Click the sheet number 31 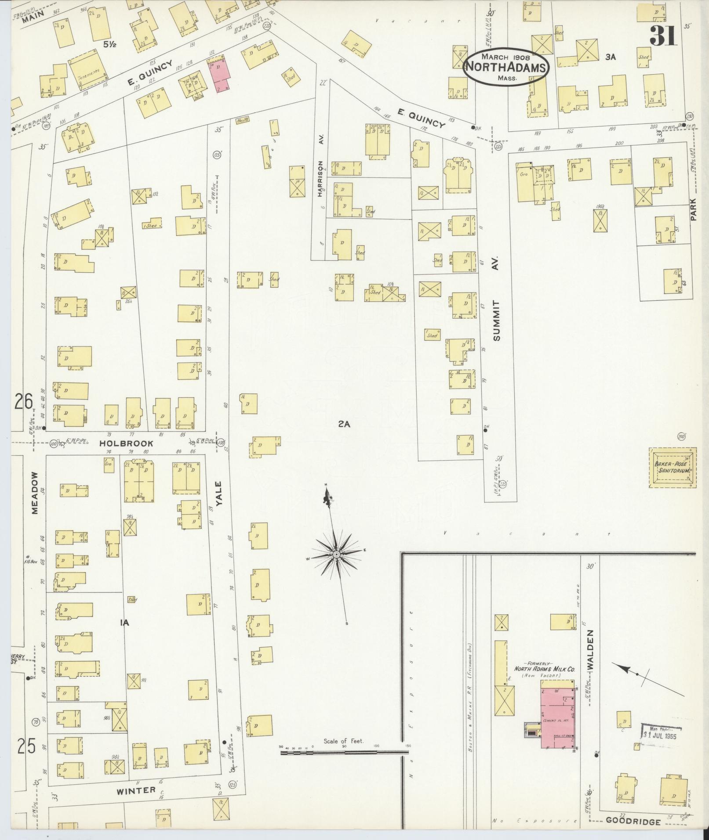coord(663,36)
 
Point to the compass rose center coord(336,555)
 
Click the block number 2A coord(344,424)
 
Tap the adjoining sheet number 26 coord(23,402)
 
